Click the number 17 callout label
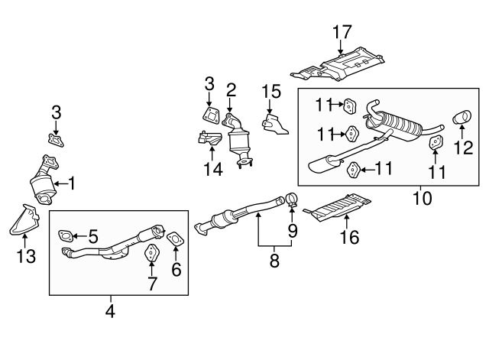tap(342, 32)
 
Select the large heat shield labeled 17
tap(344, 66)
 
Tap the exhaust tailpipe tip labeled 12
tap(463, 118)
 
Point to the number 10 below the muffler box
tap(422, 199)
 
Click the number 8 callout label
tap(274, 261)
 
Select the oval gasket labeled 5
tap(66, 236)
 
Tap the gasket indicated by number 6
tap(175, 239)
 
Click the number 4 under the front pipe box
tap(110, 311)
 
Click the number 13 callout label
tap(26, 257)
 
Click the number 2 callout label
tap(230, 89)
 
